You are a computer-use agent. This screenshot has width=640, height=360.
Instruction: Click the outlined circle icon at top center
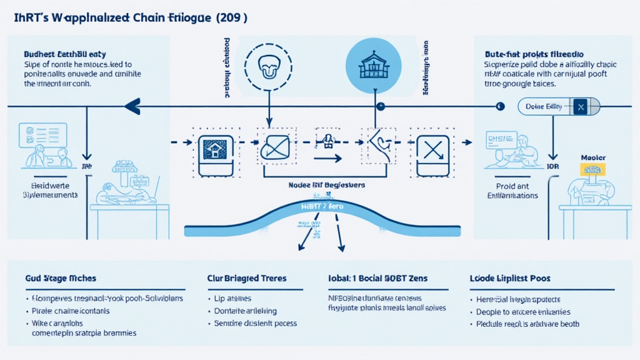point(268,64)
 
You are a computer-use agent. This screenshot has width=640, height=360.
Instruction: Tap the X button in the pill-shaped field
point(580,107)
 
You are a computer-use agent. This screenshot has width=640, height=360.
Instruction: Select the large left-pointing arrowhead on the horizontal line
point(132,107)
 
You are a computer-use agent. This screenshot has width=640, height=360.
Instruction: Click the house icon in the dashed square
point(214,150)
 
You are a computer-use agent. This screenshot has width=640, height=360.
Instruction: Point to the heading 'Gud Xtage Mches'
point(61,277)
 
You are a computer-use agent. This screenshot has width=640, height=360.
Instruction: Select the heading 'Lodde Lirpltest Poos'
point(510,277)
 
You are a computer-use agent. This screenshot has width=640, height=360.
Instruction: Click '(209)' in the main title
point(231,17)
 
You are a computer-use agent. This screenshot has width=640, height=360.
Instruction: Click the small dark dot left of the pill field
point(500,107)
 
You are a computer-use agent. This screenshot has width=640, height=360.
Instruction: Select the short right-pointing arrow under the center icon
point(327,159)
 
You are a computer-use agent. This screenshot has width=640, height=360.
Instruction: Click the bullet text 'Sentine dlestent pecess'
point(255,323)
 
